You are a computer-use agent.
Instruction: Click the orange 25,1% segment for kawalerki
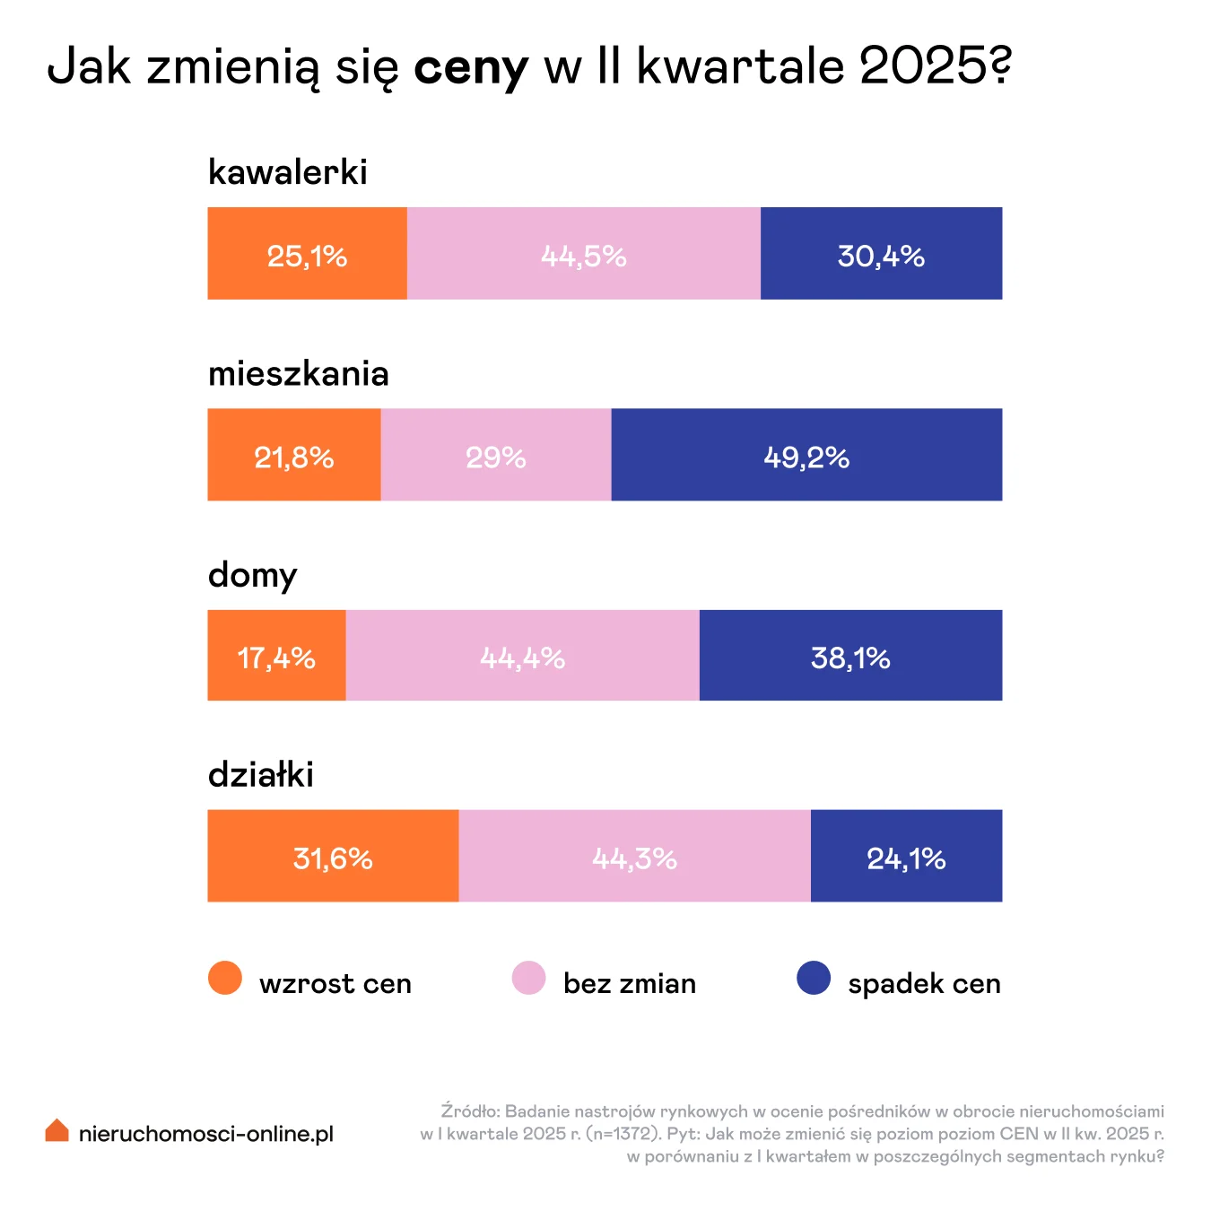coord(308,253)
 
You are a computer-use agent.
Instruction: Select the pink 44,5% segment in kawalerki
coord(584,253)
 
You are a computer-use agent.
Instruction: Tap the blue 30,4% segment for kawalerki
coord(882,253)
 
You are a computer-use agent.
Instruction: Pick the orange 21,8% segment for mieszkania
coord(294,455)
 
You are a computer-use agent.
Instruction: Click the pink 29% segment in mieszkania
coord(496,455)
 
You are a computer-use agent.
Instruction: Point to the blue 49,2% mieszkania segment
coord(807,455)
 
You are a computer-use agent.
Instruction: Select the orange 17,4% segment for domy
coord(276,656)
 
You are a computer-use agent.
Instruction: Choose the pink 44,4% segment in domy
coord(523,656)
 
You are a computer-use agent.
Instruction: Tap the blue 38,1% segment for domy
coord(851,656)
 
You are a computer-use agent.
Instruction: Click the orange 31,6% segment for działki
coord(333,856)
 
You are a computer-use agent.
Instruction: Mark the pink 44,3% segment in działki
coord(635,856)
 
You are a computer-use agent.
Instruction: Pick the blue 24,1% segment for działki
coord(907,856)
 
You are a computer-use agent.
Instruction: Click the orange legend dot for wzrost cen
coord(225,978)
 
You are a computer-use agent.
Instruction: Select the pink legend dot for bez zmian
coord(528,978)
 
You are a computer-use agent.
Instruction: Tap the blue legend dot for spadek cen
coord(814,978)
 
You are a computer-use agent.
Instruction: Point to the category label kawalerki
coord(288,172)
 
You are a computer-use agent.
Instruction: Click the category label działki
coord(261,774)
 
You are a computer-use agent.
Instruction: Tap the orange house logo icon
coord(57,1130)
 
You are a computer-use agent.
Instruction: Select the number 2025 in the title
coord(924,65)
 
